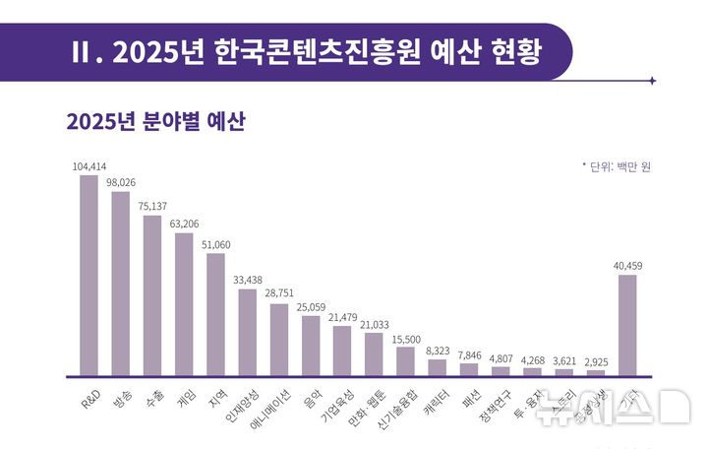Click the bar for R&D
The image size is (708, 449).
(x=88, y=276)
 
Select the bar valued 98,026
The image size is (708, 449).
(x=120, y=284)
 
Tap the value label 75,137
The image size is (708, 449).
(x=151, y=206)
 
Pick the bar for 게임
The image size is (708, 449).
(x=184, y=304)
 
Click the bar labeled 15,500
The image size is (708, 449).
(x=405, y=361)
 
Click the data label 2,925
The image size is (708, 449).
(x=595, y=360)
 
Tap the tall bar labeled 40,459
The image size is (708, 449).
(x=626, y=325)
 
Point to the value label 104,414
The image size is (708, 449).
(x=88, y=166)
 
